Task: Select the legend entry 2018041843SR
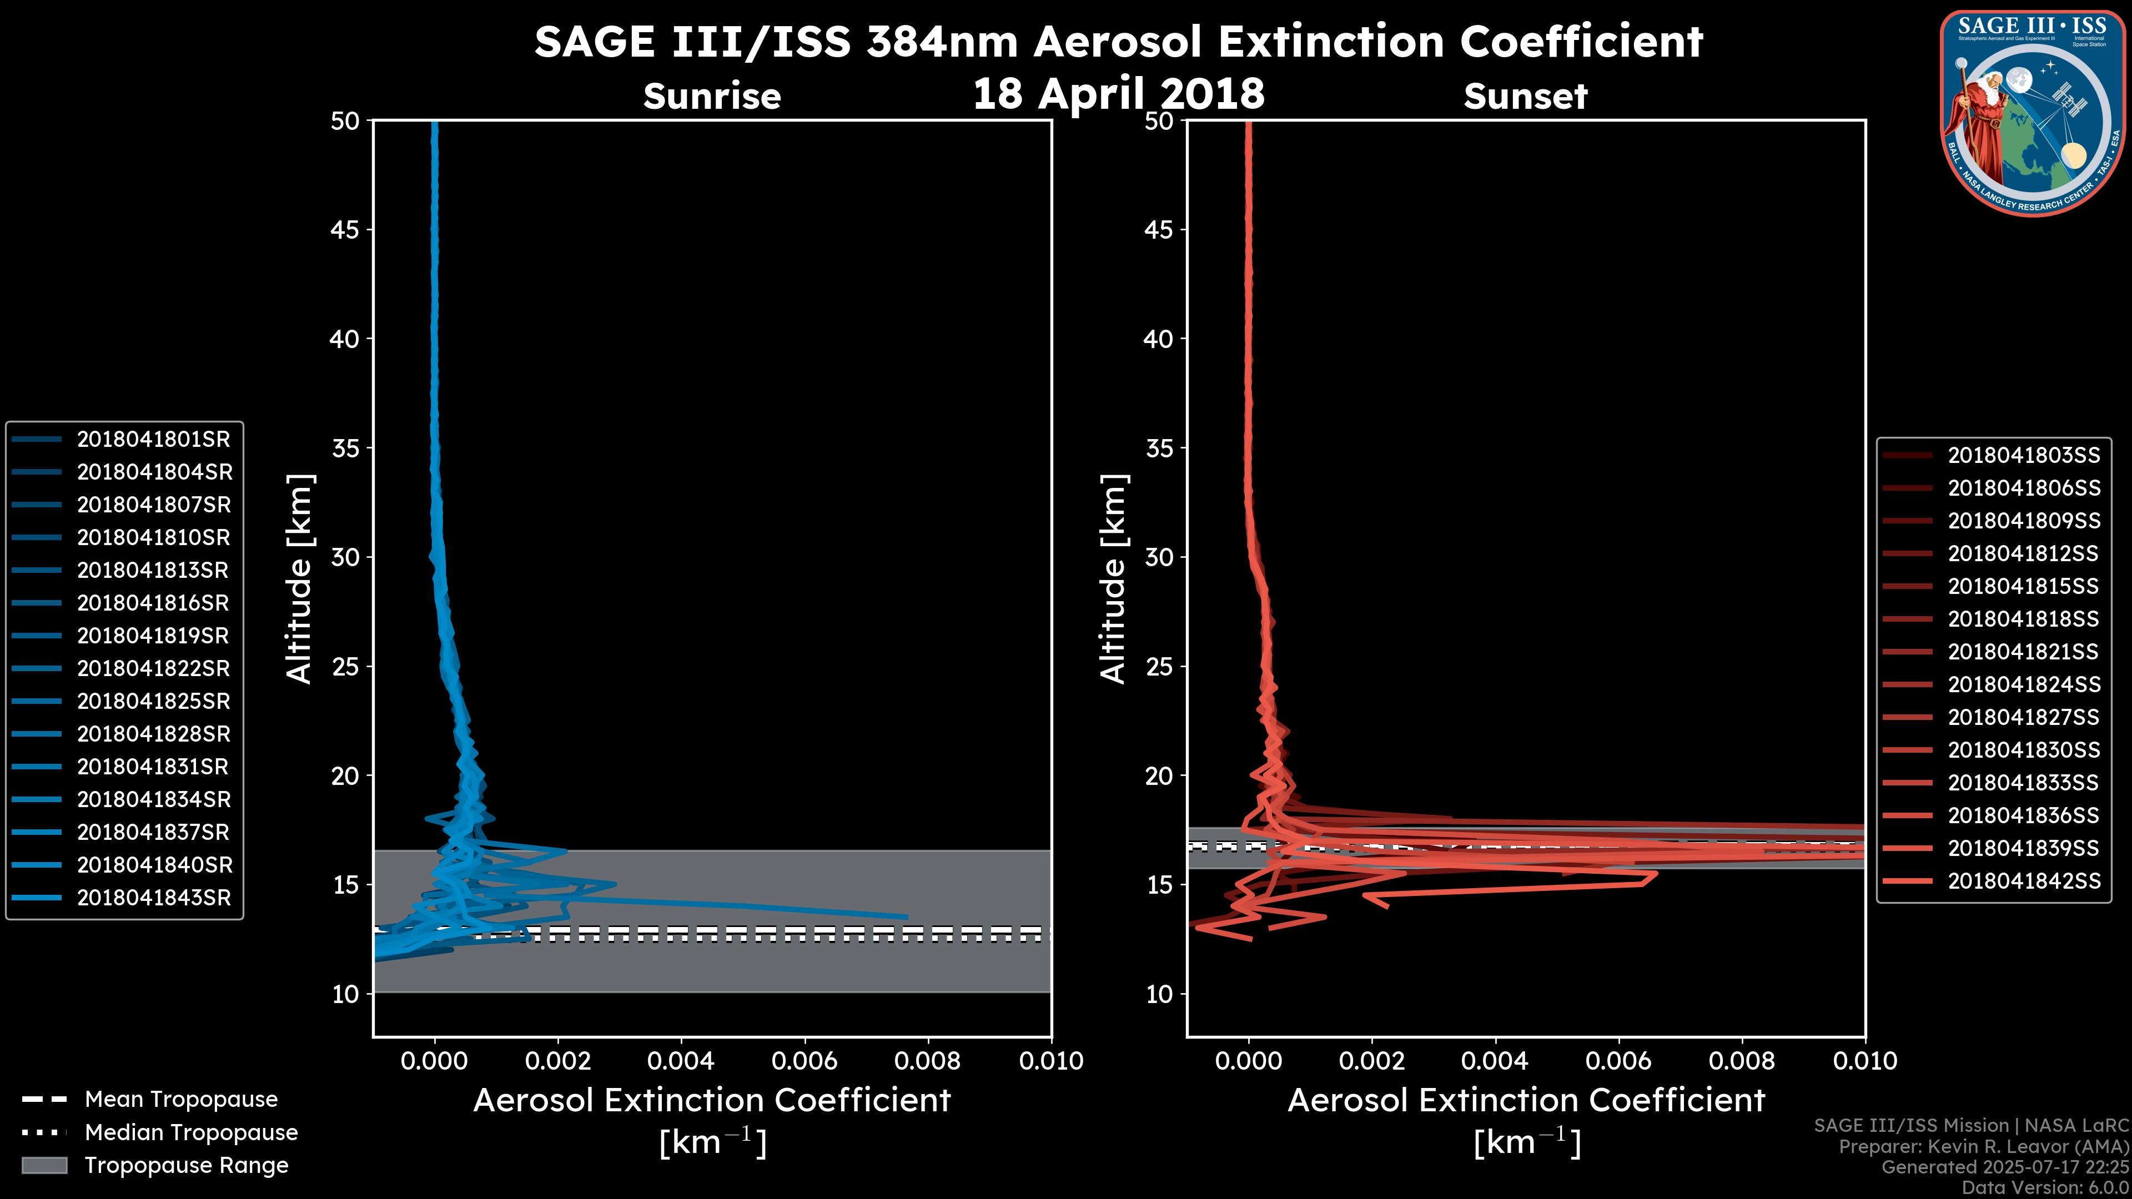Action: [153, 898]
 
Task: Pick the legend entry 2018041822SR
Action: [153, 668]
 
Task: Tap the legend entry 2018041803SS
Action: [2024, 456]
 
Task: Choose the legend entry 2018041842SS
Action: [2024, 881]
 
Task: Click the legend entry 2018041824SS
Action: [2024, 685]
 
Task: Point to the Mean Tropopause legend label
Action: [180, 1100]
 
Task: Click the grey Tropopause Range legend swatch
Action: [44, 1166]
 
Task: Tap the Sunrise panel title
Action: [712, 97]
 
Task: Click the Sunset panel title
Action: [1525, 97]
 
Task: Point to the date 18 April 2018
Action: [1118, 93]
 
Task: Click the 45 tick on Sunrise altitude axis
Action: [344, 230]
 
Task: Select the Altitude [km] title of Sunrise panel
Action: [299, 579]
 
